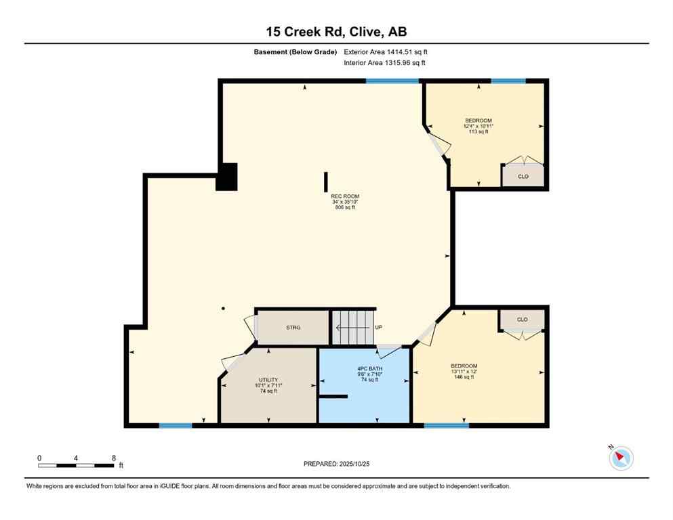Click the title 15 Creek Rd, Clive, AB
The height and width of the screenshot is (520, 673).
click(x=336, y=32)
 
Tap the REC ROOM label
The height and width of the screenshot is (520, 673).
click(x=345, y=196)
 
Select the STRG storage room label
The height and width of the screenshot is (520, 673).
click(x=293, y=328)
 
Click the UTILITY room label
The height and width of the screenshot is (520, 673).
click(x=268, y=380)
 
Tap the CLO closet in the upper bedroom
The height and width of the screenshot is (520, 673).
click(x=523, y=176)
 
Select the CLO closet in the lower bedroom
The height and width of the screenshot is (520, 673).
click(x=522, y=320)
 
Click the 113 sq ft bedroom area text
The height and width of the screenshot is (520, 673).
click(x=478, y=132)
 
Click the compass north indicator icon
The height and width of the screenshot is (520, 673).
click(x=620, y=458)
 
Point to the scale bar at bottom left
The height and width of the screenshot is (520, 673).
click(x=76, y=465)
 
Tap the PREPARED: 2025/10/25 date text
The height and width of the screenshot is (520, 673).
click(x=336, y=464)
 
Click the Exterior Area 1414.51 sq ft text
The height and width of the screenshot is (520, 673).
click(x=386, y=51)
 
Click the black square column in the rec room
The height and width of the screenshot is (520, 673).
click(x=228, y=177)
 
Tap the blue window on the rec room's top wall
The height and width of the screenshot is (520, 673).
click(x=392, y=81)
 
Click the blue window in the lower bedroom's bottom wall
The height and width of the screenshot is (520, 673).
click(x=446, y=425)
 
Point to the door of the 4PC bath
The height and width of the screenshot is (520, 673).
click(x=389, y=351)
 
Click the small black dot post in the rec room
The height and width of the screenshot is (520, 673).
click(x=223, y=309)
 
